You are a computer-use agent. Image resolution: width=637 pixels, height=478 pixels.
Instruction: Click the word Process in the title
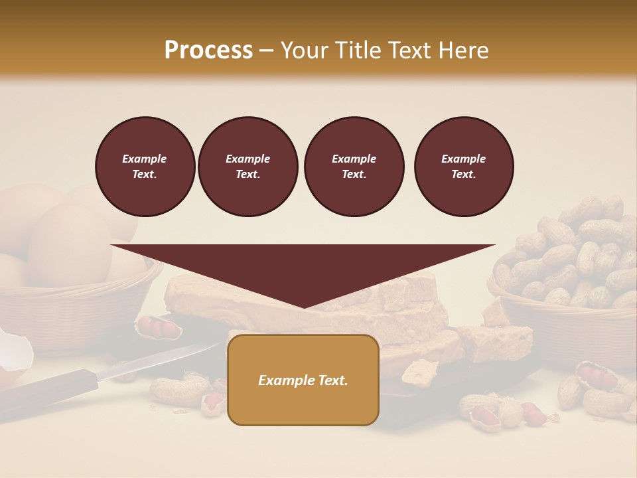point(208,50)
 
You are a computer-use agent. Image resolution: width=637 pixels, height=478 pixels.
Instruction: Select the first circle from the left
point(145,167)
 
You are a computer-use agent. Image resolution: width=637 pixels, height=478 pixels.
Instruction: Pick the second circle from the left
point(248,167)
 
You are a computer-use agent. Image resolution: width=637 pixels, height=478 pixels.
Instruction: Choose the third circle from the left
point(354,167)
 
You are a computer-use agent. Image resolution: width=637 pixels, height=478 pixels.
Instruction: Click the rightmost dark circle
point(464,167)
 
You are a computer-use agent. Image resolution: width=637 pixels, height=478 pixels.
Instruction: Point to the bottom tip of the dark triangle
point(304,307)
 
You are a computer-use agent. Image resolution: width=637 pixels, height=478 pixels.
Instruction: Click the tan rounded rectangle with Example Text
point(303,380)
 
